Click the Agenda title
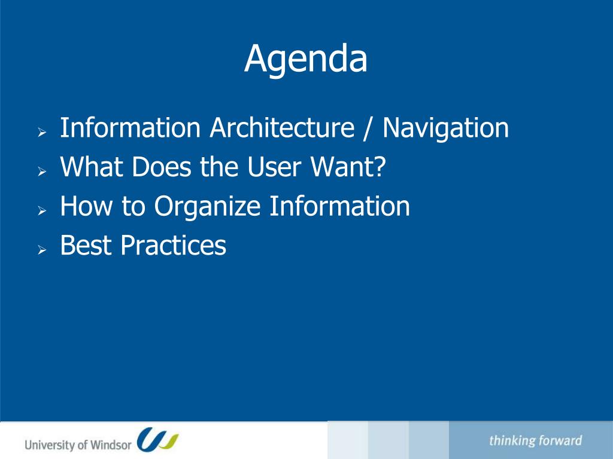306,59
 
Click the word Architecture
282,128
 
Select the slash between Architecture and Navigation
367,128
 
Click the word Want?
348,167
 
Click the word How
86,206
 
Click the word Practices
174,245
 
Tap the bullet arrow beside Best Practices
43,250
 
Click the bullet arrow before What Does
43,172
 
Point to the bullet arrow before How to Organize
43,211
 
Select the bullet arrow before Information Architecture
43,132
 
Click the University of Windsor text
78,445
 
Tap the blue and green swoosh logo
157,439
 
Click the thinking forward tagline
535,440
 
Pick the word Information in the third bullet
340,206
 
